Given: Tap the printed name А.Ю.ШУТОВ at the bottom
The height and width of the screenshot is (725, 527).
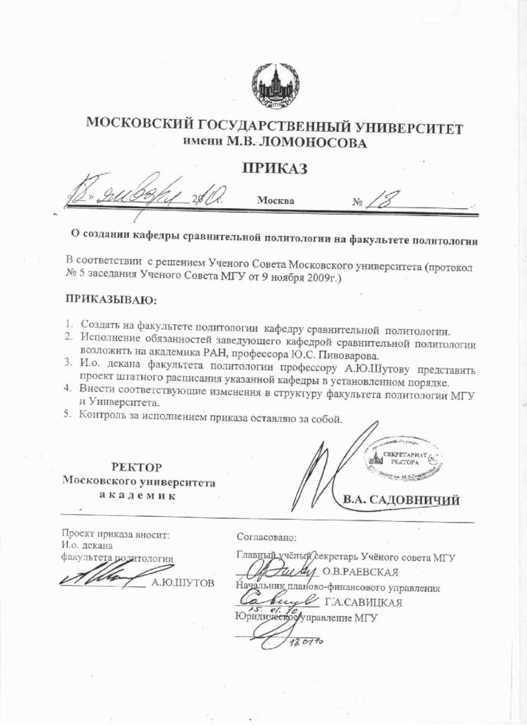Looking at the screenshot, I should tap(182, 583).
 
